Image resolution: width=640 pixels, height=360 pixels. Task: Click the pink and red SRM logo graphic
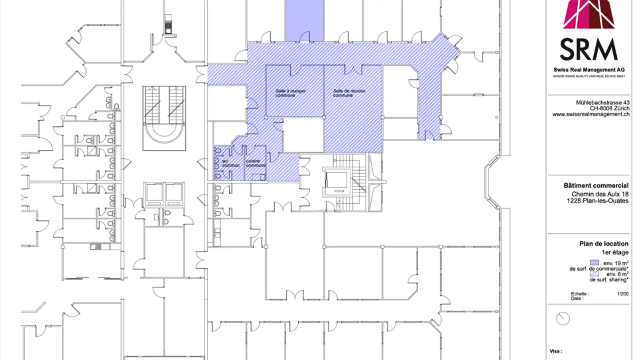click(589, 14)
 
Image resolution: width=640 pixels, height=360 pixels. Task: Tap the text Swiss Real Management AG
click(589, 70)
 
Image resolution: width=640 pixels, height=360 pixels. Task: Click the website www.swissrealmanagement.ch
click(591, 114)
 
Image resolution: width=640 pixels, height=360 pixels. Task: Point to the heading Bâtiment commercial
click(600, 186)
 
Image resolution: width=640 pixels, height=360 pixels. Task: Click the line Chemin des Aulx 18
click(600, 194)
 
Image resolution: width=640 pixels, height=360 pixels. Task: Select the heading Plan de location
click(604, 244)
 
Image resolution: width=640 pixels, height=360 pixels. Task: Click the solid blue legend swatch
click(594, 263)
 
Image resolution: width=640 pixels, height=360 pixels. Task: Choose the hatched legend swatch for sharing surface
click(594, 274)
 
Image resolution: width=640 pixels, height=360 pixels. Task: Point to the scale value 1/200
click(623, 294)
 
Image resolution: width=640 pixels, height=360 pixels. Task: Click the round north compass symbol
click(563, 319)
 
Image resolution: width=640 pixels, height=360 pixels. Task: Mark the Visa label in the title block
click(556, 351)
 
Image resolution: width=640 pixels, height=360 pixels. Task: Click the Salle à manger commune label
click(290, 93)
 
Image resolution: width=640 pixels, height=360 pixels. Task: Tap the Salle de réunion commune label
click(349, 93)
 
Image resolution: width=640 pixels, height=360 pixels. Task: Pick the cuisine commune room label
click(256, 163)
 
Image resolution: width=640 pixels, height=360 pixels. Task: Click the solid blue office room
click(304, 20)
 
